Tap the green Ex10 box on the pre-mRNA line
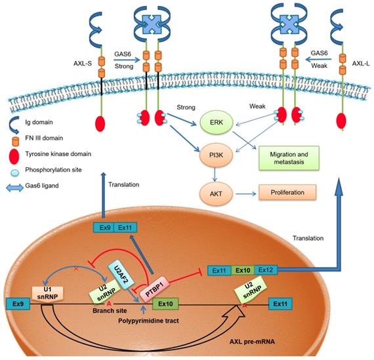[x=164, y=304]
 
